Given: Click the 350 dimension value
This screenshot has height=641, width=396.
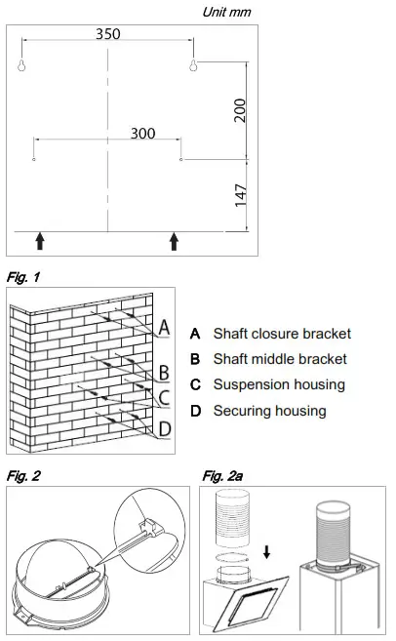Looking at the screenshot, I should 108,33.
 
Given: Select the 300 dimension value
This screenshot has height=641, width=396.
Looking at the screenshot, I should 142,134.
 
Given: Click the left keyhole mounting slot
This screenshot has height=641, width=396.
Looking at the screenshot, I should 20,65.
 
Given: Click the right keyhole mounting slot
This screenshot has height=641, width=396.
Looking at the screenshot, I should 194,65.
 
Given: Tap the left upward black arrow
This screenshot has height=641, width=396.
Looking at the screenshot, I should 39,241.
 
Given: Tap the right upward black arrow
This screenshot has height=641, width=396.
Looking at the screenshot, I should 175,241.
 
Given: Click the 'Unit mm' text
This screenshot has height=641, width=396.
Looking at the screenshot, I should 225,12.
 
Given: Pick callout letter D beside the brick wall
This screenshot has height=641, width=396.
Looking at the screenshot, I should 165,428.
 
